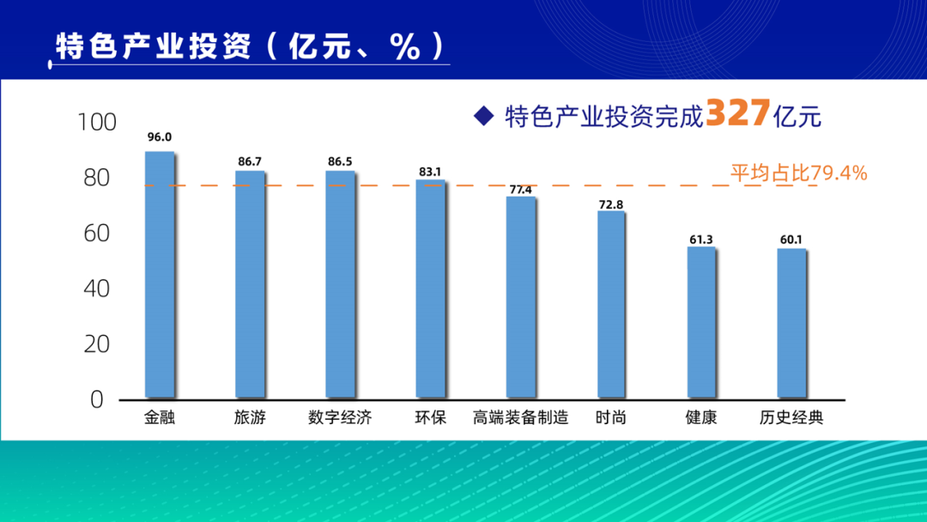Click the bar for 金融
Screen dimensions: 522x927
[160, 275]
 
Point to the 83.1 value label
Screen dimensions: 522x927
[430, 172]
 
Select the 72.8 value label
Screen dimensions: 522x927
[611, 203]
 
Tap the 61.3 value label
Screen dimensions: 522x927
[700, 240]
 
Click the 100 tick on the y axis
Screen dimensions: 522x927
[97, 123]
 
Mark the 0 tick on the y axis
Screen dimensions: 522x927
[96, 399]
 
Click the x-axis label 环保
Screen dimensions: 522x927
[430, 419]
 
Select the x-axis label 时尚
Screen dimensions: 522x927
[610, 419]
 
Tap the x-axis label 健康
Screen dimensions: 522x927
[701, 419]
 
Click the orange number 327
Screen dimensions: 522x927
[736, 113]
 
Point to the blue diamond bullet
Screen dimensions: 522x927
[484, 114]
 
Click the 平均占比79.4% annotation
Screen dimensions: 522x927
[798, 173]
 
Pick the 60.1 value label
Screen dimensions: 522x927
[790, 240]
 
